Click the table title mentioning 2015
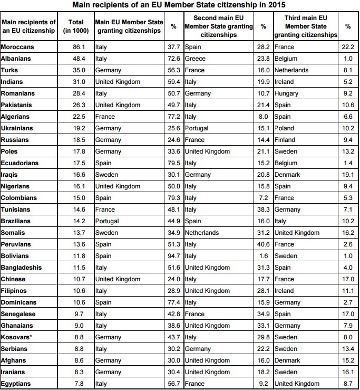[180, 6]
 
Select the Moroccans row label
[18, 47]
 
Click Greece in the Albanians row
[195, 59]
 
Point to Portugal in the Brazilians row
[107, 221]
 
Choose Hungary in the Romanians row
[287, 93]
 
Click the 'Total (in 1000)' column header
[76, 27]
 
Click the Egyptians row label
[17, 383]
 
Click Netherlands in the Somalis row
[201, 233]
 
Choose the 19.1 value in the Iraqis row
[347, 175]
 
